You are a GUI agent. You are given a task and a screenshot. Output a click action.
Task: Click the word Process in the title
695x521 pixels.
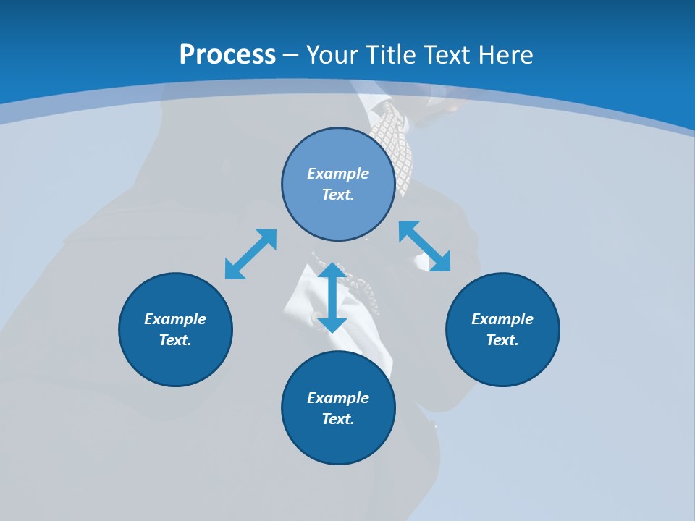pos(227,55)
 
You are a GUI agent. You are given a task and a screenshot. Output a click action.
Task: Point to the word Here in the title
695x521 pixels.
pos(504,55)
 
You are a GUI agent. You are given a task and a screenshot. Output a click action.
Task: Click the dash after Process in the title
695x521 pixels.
pos(291,56)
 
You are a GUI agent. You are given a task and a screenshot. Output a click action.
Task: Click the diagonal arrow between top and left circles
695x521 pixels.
pos(250,254)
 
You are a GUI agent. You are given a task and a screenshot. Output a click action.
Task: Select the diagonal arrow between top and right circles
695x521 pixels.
pos(424,246)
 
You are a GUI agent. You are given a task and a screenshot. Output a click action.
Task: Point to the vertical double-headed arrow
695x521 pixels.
pos(332,297)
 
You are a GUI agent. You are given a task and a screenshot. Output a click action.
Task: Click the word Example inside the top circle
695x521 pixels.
pos(338,174)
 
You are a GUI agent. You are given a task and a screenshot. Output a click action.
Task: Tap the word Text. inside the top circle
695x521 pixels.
pos(338,195)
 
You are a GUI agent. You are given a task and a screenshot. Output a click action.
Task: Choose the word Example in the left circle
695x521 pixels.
pos(175,319)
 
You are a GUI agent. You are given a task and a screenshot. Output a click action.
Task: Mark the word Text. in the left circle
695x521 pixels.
pos(175,340)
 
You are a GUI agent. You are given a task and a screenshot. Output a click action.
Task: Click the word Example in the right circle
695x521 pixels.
pos(502,319)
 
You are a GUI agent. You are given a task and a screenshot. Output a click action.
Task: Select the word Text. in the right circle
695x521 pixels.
pos(502,340)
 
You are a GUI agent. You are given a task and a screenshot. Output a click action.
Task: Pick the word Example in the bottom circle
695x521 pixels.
pos(338,398)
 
